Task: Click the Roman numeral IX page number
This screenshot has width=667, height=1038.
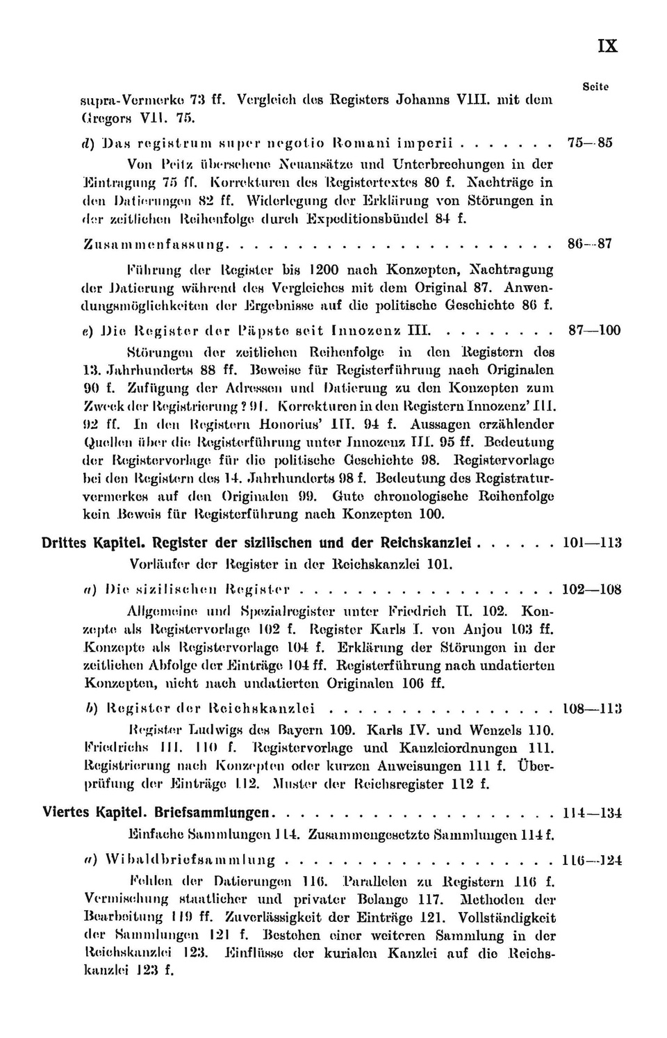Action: [607, 46]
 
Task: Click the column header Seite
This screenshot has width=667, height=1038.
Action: [595, 87]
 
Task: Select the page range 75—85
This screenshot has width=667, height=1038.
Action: [590, 143]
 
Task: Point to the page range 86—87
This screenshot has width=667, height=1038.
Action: [590, 244]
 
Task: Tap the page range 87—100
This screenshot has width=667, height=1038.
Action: [594, 331]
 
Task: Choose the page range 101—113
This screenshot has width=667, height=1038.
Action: [591, 543]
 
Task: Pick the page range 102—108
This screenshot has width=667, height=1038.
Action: [591, 590]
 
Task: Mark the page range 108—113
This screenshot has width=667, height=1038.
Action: [591, 709]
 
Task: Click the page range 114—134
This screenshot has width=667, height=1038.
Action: [591, 813]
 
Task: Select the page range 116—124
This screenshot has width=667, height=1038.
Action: [591, 860]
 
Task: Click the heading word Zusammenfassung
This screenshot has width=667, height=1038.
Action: [157, 245]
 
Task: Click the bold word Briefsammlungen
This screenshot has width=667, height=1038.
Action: [211, 813]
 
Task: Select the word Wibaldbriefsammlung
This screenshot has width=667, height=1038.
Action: [190, 861]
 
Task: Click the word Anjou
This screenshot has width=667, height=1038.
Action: [483, 630]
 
